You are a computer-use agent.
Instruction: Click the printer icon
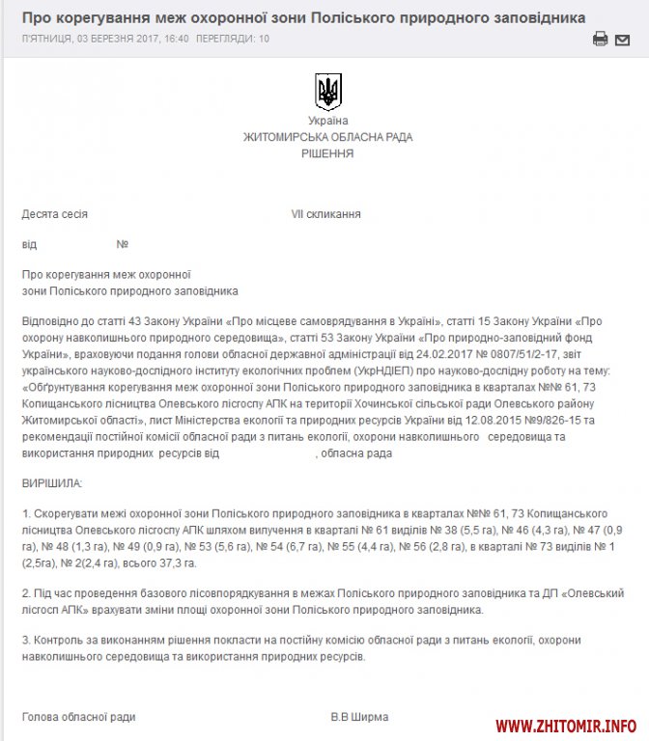tap(600, 40)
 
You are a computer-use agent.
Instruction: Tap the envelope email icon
tap(623, 40)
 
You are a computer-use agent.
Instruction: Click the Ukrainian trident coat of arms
tap(327, 92)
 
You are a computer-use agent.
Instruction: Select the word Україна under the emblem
tap(327, 121)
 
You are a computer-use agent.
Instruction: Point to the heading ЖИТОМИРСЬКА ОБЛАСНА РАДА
tap(327, 137)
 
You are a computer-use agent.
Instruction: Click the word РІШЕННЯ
tap(327, 153)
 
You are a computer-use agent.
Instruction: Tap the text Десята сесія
tap(55, 214)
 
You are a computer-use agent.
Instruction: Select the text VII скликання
tap(326, 214)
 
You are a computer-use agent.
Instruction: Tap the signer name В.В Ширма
tap(359, 717)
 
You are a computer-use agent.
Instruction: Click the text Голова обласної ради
tap(79, 717)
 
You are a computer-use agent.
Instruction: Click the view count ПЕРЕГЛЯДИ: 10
tap(233, 39)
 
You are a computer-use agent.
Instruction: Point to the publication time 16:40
tap(175, 39)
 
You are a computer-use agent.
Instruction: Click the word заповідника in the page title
tap(530, 17)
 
